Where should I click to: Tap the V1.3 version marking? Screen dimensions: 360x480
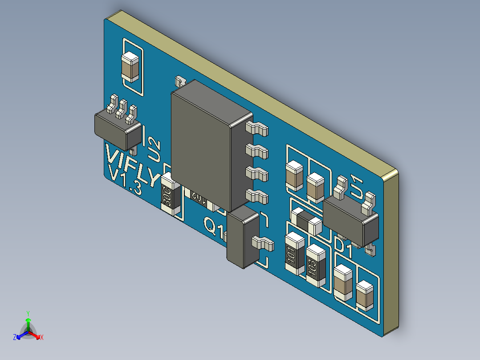[x=126, y=180]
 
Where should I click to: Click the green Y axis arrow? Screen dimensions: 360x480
[x=28, y=320]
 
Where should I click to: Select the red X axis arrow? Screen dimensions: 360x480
[x=38, y=337]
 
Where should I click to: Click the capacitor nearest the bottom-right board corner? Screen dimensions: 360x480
[x=365, y=295]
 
